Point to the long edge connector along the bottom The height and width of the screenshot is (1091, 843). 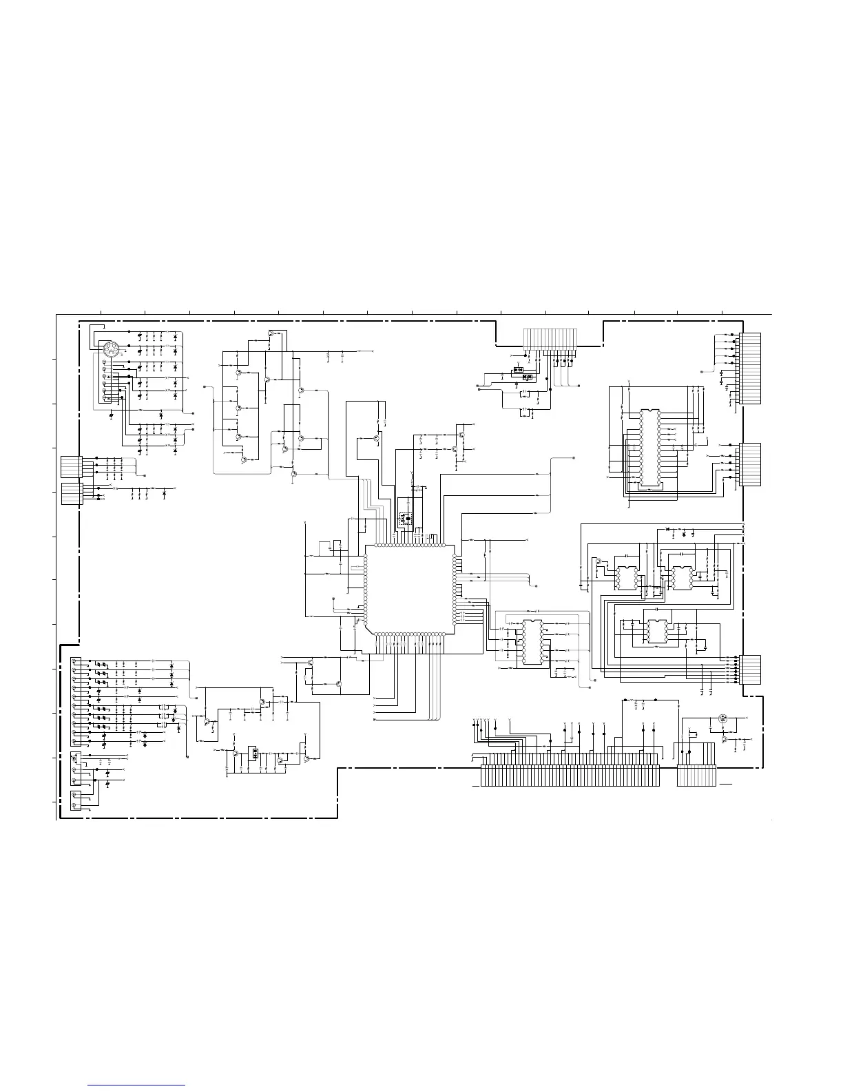570,776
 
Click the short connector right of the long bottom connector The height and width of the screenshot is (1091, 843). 696,776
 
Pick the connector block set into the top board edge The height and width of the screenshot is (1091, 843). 551,339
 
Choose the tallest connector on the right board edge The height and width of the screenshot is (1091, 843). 750,368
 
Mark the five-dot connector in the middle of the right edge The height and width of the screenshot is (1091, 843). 750,464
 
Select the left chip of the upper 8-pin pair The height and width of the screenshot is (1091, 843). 626,577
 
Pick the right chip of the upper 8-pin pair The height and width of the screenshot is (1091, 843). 681,577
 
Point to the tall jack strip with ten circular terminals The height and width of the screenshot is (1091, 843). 76,703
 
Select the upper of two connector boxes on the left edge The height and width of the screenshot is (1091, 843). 71,466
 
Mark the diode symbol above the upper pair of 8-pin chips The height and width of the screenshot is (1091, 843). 667,529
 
